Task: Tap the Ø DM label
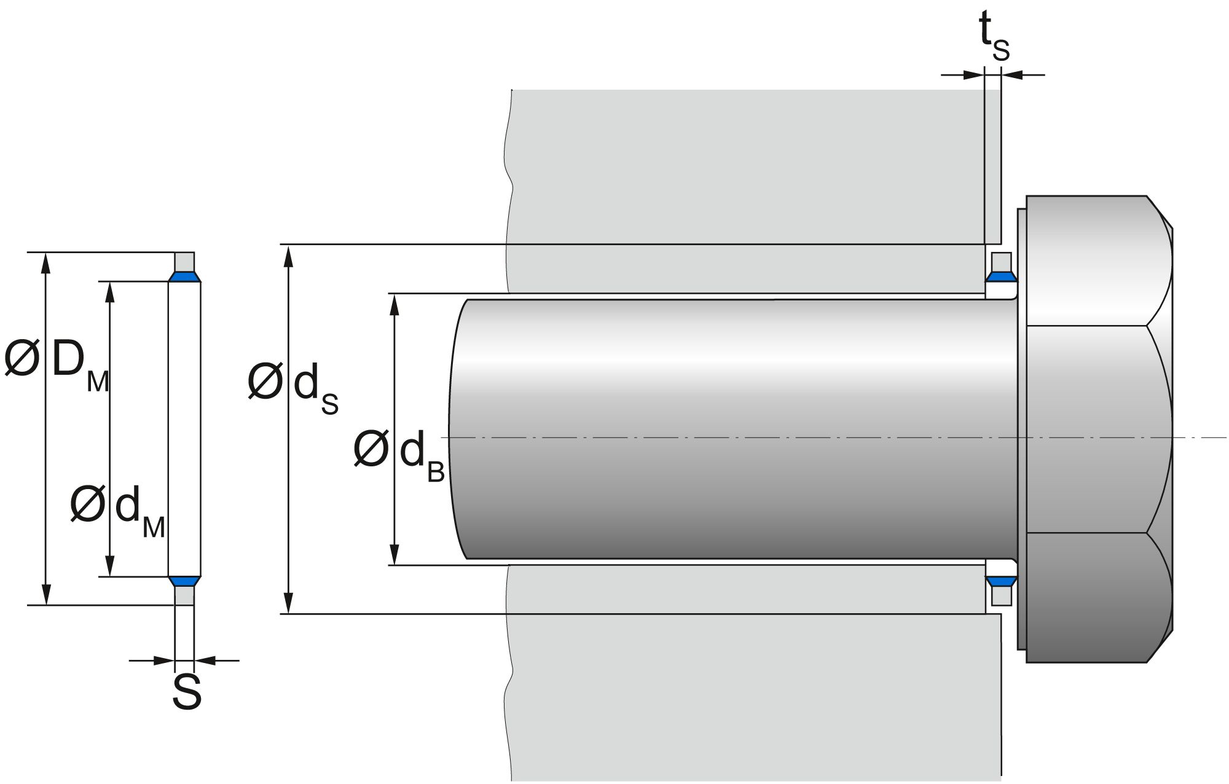[x=57, y=363]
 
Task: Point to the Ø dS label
[x=293, y=388]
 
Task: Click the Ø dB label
[x=399, y=455]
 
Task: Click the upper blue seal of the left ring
[x=184, y=277]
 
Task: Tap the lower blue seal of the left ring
[x=184, y=581]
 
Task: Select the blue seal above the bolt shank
[x=1001, y=278]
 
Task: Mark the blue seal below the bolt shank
[x=1001, y=581]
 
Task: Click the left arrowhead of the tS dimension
[x=974, y=75]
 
